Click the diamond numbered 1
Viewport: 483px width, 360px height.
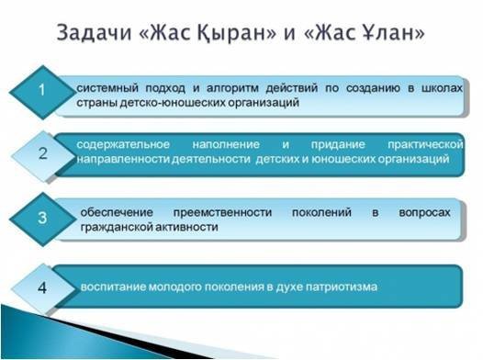pyautogui.click(x=40, y=91)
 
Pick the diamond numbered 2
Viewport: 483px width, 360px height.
pyautogui.click(x=40, y=153)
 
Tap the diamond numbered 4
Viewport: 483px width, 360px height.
pyautogui.click(x=40, y=287)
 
